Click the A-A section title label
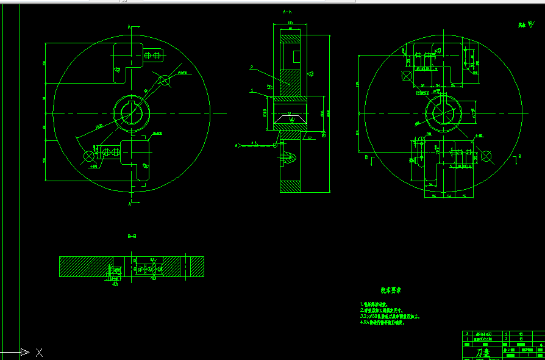pos(287,12)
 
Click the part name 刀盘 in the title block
pos(483,353)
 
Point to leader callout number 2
pos(251,68)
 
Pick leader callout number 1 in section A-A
pos(251,90)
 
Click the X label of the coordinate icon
pos(39,352)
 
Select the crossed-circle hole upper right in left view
pos(165,79)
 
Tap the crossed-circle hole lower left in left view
pos(89,157)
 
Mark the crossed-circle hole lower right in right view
pos(486,156)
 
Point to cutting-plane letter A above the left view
pos(129,27)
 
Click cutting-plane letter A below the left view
pos(129,204)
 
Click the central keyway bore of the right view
pos(443,113)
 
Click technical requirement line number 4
pos(383,323)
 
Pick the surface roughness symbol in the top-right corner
pos(527,25)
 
